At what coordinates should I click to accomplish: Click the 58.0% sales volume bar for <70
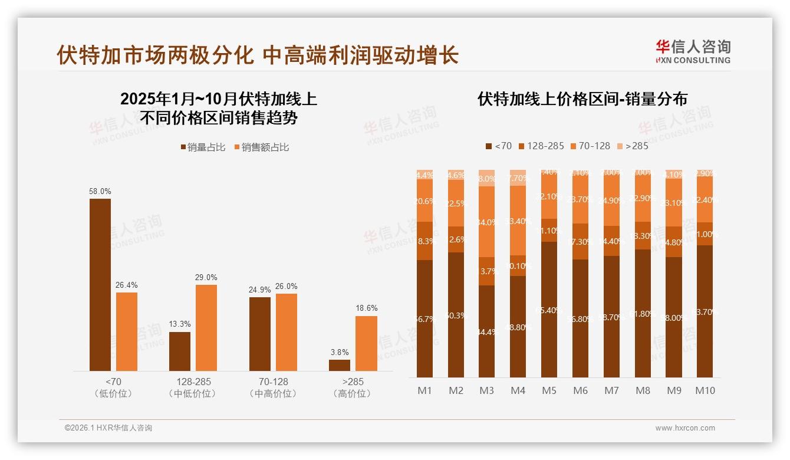coord(100,285)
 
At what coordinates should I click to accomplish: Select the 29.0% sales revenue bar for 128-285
coord(206,328)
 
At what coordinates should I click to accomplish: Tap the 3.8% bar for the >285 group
coord(340,365)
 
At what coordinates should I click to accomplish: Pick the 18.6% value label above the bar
coord(366,308)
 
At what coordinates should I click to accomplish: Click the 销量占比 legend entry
coord(203,147)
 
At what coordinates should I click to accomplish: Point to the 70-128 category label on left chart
coord(273,382)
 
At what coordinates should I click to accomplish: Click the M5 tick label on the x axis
coord(549,390)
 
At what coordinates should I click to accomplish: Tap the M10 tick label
coord(705,390)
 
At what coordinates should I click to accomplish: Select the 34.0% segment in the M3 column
coord(486,222)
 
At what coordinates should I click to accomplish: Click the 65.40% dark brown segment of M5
coord(549,310)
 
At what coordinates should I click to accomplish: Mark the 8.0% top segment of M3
coord(486,178)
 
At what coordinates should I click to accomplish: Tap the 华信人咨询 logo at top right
coord(693,52)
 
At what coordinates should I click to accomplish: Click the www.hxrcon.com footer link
coord(685,428)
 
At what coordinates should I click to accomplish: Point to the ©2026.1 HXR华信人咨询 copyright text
coord(108,428)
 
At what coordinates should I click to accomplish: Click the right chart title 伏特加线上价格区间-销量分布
coord(582,99)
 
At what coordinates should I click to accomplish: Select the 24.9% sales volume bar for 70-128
coord(260,334)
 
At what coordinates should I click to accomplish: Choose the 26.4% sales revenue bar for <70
coord(127,332)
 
